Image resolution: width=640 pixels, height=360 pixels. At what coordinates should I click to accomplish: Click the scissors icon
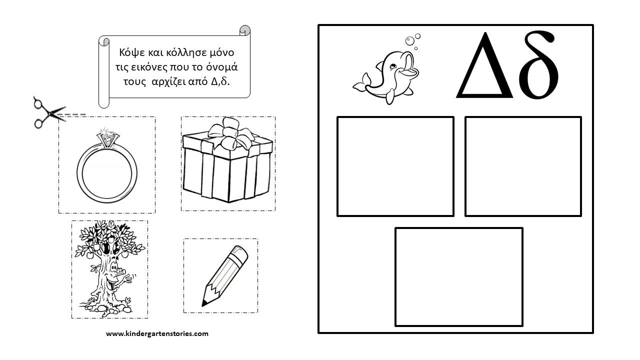point(48,112)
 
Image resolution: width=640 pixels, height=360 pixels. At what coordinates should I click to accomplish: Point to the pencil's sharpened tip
point(204,303)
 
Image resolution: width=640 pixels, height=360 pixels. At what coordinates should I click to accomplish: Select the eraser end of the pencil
point(240,253)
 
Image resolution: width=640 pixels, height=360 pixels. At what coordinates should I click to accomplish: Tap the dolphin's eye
point(393,67)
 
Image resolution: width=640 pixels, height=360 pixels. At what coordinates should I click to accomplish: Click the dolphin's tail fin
point(361,83)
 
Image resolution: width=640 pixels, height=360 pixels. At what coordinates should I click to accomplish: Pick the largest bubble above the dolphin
point(409,41)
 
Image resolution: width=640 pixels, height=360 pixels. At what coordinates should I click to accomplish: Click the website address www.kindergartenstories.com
point(157,333)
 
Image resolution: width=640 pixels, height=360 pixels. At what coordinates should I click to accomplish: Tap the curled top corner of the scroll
point(244,30)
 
